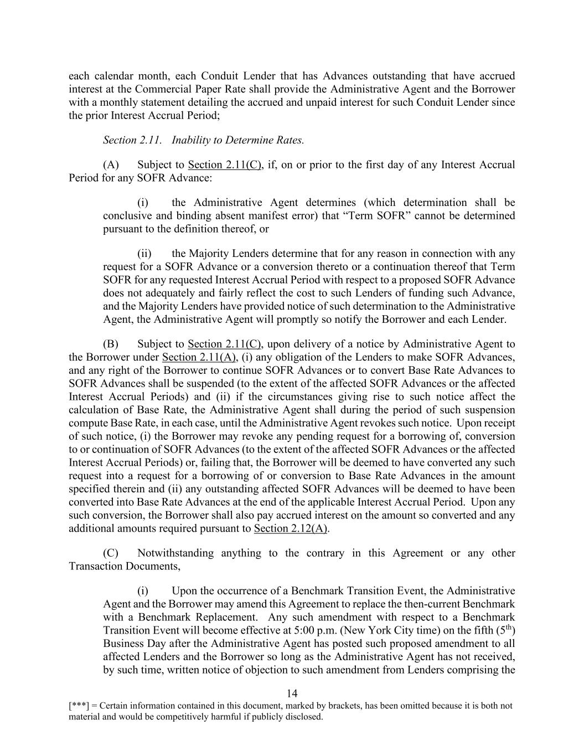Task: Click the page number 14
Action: pos(292,693)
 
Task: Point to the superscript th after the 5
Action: pos(509,628)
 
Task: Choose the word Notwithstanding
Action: pos(175,553)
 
